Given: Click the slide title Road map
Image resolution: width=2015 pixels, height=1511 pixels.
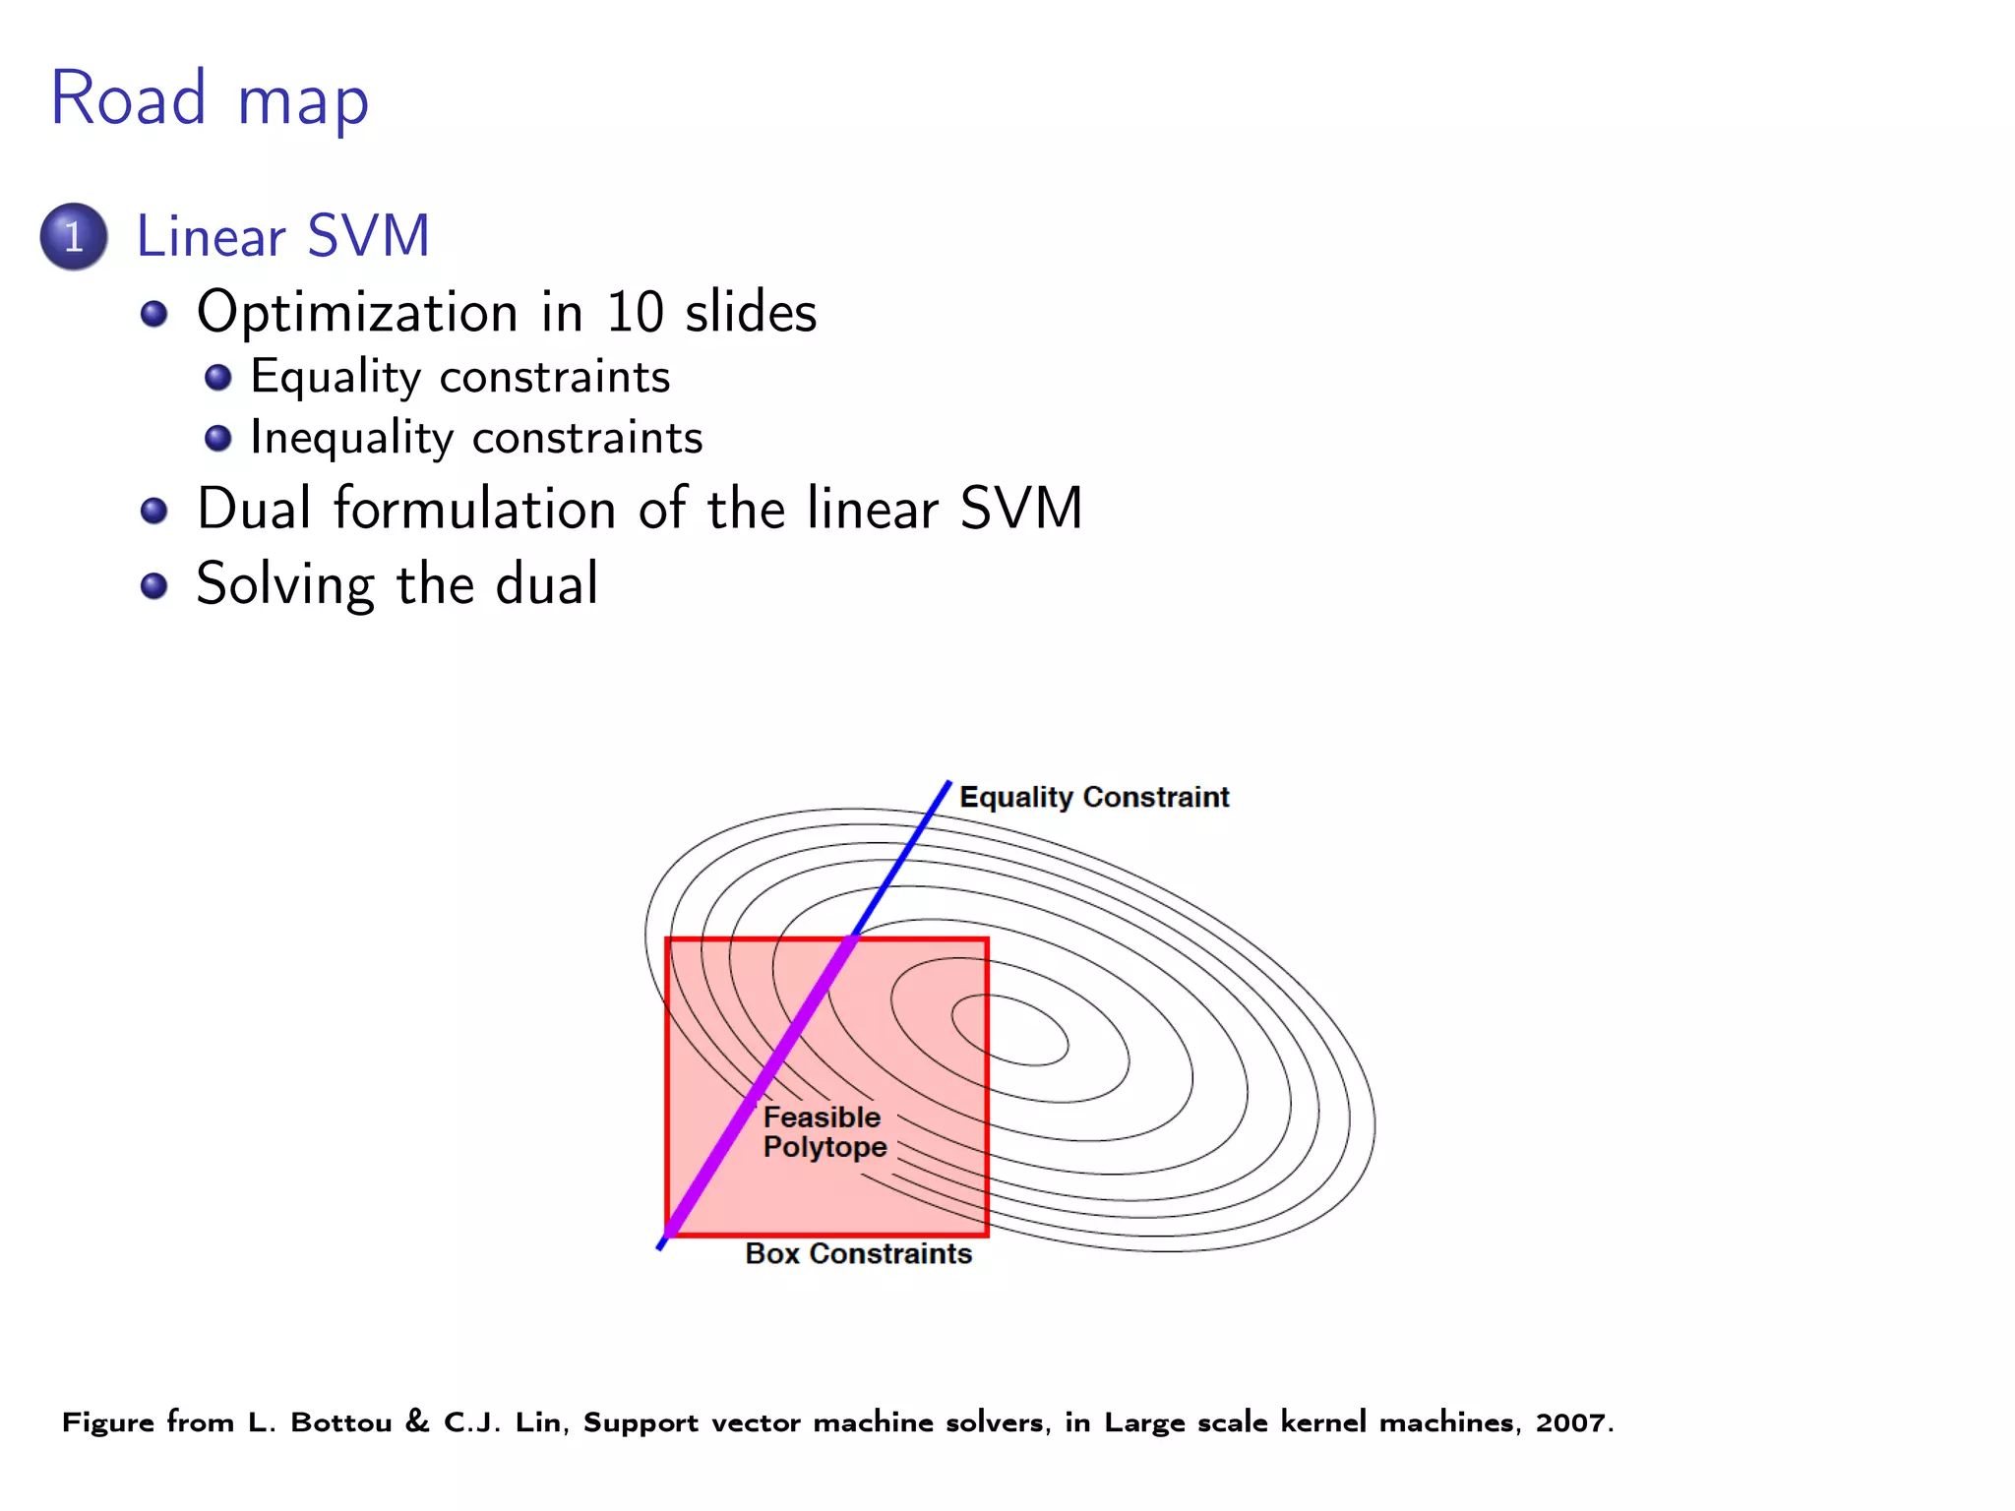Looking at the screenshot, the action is (210, 99).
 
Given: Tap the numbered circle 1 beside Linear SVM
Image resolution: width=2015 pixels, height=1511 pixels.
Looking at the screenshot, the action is (74, 237).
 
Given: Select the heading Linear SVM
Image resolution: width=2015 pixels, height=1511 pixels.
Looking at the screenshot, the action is (282, 237).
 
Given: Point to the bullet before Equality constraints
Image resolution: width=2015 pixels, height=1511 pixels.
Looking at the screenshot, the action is (217, 378).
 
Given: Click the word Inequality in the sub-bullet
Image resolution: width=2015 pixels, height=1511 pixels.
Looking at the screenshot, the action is (351, 439).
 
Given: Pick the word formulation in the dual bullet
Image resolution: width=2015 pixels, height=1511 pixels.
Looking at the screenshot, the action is (475, 510).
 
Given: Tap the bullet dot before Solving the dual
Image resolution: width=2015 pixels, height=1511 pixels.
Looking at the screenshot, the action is (153, 587).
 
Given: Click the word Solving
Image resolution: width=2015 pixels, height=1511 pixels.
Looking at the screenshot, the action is (284, 585).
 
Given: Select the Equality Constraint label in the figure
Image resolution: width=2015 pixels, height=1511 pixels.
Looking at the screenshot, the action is (1093, 797).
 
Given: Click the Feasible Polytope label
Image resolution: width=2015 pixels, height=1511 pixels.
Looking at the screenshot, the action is (824, 1132).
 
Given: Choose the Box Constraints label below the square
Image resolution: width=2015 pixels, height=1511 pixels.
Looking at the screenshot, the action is (858, 1254).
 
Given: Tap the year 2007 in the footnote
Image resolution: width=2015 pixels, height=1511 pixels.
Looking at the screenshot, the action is (1571, 1422).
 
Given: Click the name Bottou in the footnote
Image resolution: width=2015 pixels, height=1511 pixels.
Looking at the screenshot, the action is (340, 1422).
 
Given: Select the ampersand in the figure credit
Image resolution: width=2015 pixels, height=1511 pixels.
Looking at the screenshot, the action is (417, 1421).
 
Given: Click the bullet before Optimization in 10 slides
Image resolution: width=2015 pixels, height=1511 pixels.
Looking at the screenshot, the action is (153, 315).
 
